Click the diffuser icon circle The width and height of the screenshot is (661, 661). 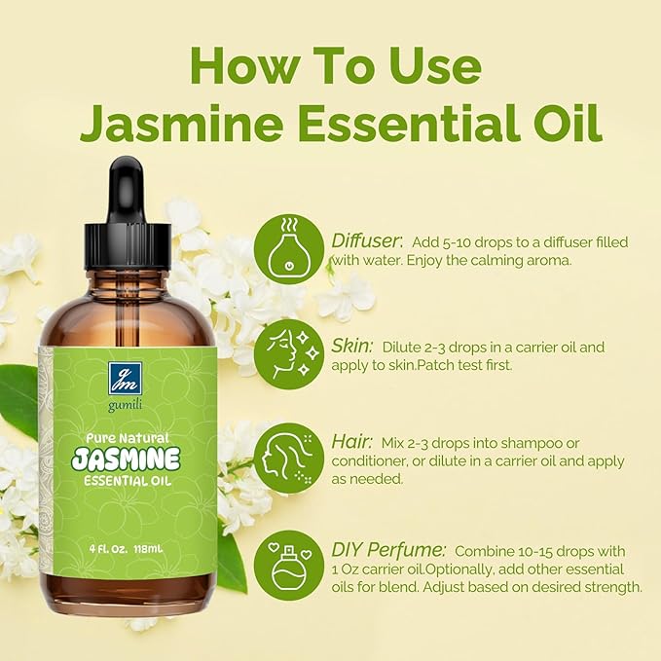point(289,249)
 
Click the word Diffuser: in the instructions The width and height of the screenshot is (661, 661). point(366,240)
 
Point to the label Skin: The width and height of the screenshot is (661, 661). point(350,346)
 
